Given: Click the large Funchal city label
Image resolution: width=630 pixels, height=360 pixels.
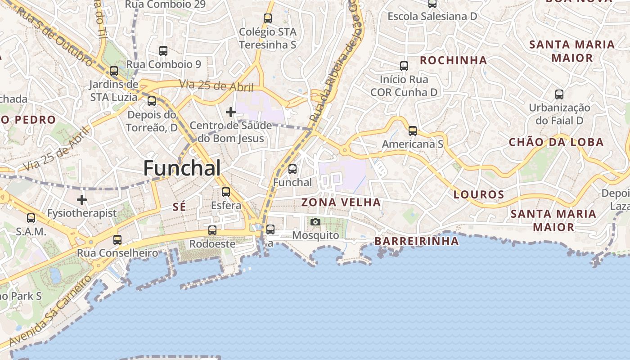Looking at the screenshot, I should (x=182, y=168).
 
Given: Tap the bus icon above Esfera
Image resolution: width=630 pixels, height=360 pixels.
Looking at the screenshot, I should (x=226, y=192).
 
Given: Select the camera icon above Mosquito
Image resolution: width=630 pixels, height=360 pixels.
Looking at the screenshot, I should (x=315, y=222).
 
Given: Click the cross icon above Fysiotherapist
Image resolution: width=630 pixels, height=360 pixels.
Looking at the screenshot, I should (x=81, y=200).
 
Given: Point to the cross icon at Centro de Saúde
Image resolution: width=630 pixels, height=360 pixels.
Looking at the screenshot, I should (x=231, y=112).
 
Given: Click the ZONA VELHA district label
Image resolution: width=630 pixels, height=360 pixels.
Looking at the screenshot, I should (x=341, y=202).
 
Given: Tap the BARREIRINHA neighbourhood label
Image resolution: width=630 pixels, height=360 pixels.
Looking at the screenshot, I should (x=417, y=241).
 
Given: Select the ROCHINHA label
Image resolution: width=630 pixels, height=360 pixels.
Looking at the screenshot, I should (x=453, y=60).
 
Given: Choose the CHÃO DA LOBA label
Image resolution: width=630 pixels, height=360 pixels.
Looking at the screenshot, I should (x=556, y=142).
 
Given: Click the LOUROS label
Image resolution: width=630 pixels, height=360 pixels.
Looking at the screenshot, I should (x=479, y=195).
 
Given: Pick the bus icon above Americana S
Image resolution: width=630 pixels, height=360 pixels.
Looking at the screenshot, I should (x=413, y=131).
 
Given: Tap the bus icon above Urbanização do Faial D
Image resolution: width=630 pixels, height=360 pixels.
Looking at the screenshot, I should (x=559, y=94).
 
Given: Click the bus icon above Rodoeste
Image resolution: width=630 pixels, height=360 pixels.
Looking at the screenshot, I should (x=212, y=230).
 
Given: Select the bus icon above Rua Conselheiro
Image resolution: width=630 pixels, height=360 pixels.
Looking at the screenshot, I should (x=117, y=239).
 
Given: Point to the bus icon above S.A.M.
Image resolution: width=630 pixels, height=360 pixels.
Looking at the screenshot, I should (x=31, y=218).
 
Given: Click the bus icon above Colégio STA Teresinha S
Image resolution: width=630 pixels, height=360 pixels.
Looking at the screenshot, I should (x=268, y=18).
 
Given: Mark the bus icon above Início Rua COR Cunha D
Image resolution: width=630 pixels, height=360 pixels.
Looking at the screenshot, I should (x=404, y=66).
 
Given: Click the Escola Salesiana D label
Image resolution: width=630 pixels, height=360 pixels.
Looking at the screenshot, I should (x=432, y=16).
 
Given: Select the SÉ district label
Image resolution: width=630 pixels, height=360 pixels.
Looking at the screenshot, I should (x=180, y=207).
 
